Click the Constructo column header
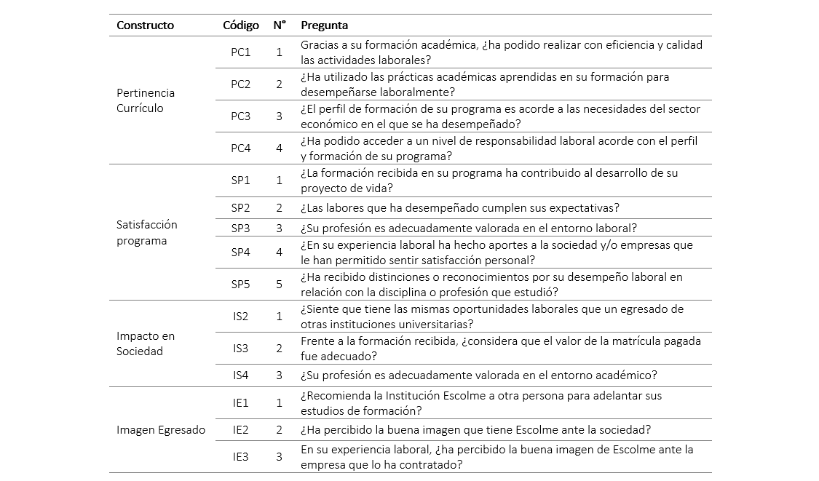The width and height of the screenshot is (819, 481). (x=145, y=25)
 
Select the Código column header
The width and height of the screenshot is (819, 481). (x=240, y=25)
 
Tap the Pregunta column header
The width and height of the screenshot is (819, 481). (x=324, y=25)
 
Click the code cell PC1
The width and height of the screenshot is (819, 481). (x=240, y=52)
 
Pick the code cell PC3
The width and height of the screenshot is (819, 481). (x=240, y=116)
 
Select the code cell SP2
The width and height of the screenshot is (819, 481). (x=240, y=208)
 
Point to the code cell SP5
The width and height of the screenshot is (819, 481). (x=240, y=285)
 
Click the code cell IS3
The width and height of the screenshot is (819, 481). (x=240, y=349)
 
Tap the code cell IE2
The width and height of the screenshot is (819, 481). (x=240, y=430)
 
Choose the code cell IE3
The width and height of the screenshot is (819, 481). (x=240, y=457)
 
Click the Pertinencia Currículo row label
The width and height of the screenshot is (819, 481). (x=146, y=100)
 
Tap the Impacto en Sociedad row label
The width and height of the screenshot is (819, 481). (x=146, y=343)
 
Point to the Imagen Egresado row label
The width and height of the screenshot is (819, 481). (x=161, y=430)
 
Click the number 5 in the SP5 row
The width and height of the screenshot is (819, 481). (x=279, y=285)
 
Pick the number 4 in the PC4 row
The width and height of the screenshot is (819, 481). (x=279, y=148)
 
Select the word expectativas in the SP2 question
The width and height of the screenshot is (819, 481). (x=582, y=208)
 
